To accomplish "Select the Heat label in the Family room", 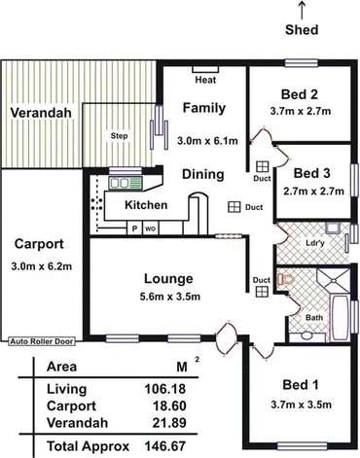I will pyautogui.click(x=204, y=81).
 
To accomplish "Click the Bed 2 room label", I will pyautogui.click(x=299, y=94).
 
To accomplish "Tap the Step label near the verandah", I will pyautogui.click(x=120, y=135).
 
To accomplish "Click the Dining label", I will pyautogui.click(x=203, y=175).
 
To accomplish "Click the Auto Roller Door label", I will pyautogui.click(x=43, y=341).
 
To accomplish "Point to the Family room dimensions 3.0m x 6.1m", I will pyautogui.click(x=204, y=141).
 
